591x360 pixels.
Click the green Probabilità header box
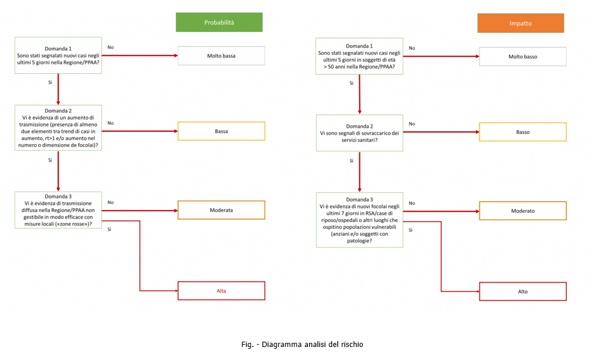(219, 22)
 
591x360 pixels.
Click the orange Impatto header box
(521, 23)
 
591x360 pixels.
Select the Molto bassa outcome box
(221, 56)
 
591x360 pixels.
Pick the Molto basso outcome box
(522, 57)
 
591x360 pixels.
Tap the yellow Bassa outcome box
(221, 131)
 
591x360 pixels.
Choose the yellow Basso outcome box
(522, 132)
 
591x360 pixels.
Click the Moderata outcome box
(221, 210)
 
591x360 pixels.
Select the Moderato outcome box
(522, 211)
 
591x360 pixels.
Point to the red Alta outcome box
(221, 291)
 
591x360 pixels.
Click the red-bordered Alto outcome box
(522, 291)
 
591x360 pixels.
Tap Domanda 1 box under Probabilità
(58, 56)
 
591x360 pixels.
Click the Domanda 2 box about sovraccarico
(359, 133)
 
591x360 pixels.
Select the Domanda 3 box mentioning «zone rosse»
(58, 210)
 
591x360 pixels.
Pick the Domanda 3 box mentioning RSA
(359, 219)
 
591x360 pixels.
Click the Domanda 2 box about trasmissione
(58, 127)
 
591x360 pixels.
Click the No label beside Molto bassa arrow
(111, 47)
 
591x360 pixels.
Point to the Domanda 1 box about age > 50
(359, 57)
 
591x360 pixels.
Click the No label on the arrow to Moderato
(412, 203)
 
